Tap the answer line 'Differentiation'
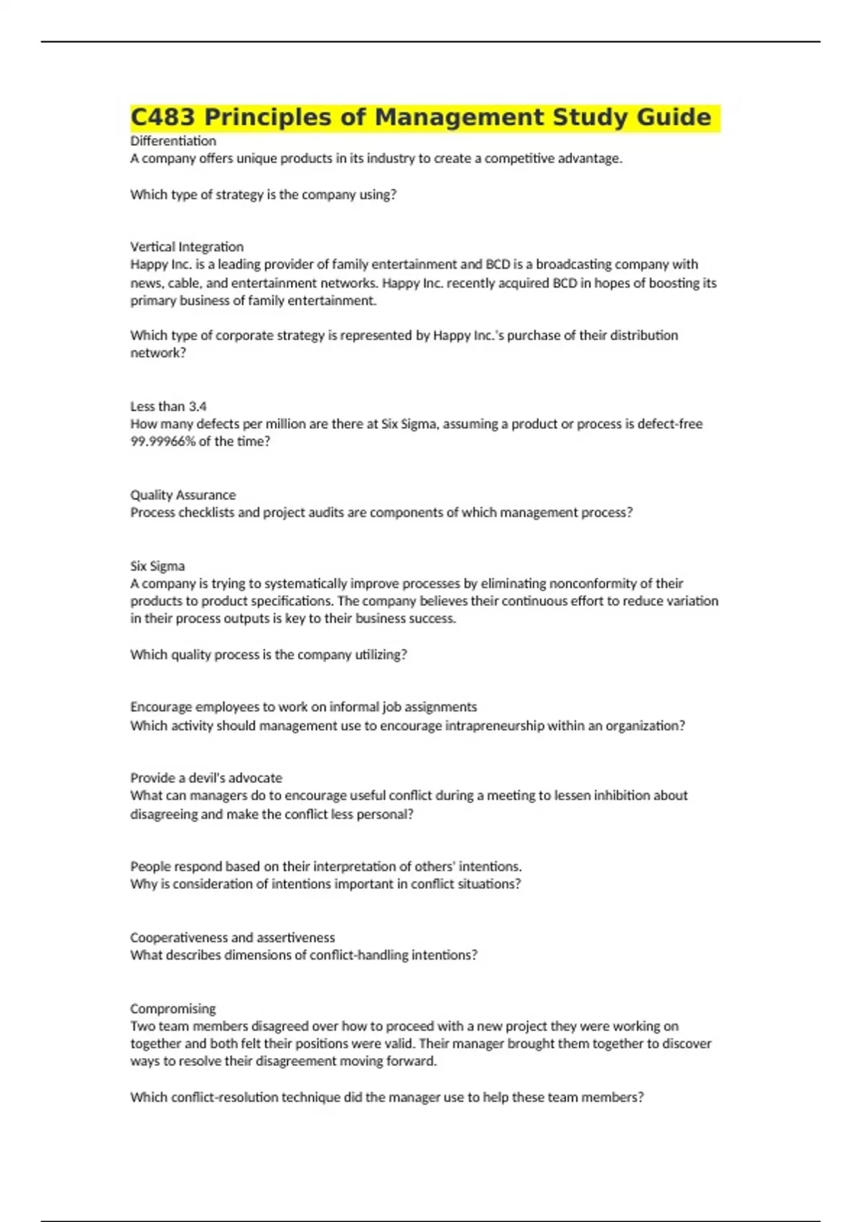[173, 141]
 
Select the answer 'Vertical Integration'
[187, 247]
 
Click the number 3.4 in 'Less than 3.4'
[198, 406]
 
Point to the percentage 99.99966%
[162, 441]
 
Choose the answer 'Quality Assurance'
[183, 495]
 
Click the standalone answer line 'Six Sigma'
[157, 566]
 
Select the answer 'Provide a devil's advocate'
[206, 778]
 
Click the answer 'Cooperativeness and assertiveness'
[233, 937]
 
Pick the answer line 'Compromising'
[173, 1009]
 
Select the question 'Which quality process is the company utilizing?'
[269, 654]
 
